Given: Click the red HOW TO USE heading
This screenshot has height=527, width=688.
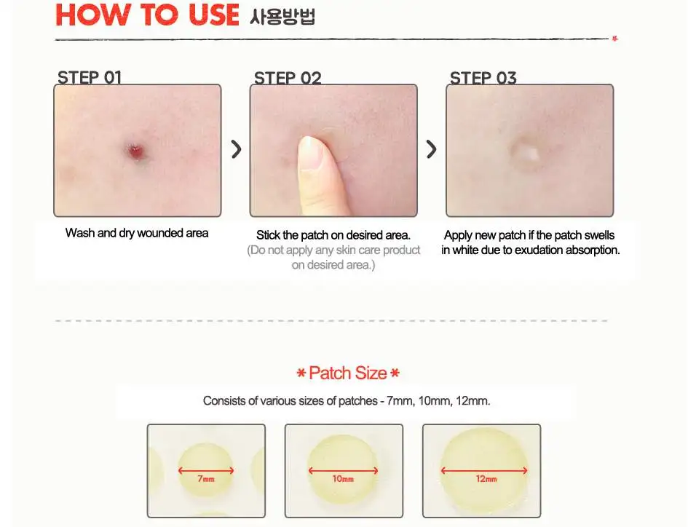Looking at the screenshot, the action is (147, 15).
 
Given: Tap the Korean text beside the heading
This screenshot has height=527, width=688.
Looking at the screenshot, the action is (282, 16).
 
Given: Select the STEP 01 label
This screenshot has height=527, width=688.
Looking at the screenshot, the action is (90, 77).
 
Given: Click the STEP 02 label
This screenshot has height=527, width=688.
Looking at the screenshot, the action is (288, 78).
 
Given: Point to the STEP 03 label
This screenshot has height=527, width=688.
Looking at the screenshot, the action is (483, 78).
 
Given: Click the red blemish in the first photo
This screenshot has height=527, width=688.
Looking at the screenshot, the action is (135, 151).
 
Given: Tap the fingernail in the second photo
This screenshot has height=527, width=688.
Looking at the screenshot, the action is (311, 153).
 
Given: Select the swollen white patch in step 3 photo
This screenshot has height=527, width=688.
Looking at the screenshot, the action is (525, 151).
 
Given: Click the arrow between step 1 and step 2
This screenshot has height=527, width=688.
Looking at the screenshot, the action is (236, 149).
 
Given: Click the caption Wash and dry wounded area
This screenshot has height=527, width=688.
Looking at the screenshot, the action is (137, 233).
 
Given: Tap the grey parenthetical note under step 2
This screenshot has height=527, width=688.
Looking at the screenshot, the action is (333, 258).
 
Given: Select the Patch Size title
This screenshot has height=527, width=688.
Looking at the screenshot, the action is (348, 373).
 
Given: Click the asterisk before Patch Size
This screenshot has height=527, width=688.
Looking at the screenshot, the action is (301, 373).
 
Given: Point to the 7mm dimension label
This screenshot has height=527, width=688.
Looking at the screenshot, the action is (206, 479).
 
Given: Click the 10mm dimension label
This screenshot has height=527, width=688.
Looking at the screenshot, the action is (343, 479).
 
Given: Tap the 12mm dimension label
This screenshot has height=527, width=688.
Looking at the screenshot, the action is (486, 479).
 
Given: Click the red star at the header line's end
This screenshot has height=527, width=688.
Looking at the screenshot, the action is (614, 39).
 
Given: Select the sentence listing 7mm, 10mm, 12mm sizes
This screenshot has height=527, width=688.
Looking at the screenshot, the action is (347, 400).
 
